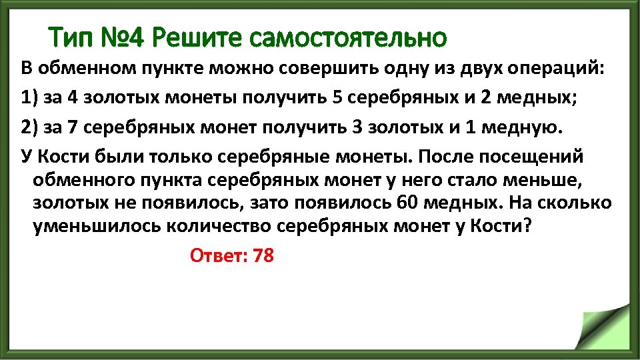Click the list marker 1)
coord(29,98)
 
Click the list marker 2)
coord(29,127)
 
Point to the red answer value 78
coord(263,255)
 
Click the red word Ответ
coord(218,255)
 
